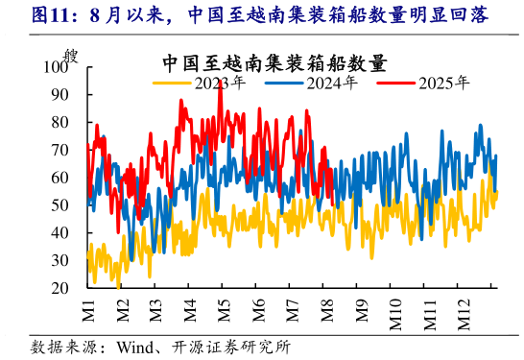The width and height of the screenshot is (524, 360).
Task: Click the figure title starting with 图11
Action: tap(259, 16)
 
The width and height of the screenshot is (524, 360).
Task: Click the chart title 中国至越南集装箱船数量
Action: tap(274, 64)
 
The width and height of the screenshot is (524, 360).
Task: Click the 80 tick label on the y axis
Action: tap(60, 122)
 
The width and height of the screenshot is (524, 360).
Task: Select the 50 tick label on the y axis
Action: tap(60, 205)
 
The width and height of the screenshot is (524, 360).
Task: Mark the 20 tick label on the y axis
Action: tap(60, 288)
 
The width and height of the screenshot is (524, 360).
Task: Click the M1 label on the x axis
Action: tap(87, 310)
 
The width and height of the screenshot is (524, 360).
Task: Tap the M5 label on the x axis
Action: tap(224, 310)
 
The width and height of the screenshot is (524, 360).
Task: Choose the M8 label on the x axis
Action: tap(326, 310)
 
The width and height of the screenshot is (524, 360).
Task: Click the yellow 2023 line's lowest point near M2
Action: tap(118, 286)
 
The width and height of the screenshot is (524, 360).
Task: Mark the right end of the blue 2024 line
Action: tap(496, 156)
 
